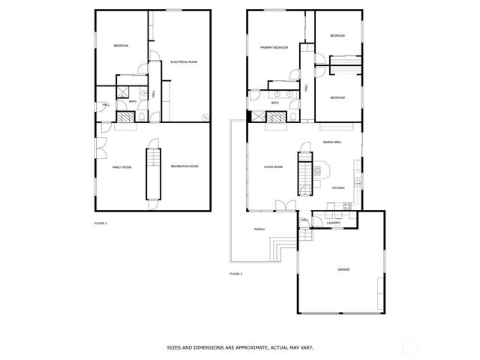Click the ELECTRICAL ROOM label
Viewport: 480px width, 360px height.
183,61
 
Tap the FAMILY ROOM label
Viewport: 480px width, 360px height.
121,166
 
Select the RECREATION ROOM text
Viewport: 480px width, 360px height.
184,166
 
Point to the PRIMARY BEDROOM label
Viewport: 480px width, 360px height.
274,47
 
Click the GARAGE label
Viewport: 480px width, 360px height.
343,269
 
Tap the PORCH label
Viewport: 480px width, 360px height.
259,229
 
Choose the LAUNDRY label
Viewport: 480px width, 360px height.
334,222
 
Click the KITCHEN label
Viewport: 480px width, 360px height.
338,187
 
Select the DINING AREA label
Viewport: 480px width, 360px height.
332,142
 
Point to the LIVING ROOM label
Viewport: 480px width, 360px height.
273,166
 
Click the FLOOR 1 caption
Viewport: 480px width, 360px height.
100,223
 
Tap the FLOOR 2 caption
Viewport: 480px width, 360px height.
236,274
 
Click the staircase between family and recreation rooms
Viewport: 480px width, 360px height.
153,172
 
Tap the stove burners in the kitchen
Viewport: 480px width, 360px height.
347,205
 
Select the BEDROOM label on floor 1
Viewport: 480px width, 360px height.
121,46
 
